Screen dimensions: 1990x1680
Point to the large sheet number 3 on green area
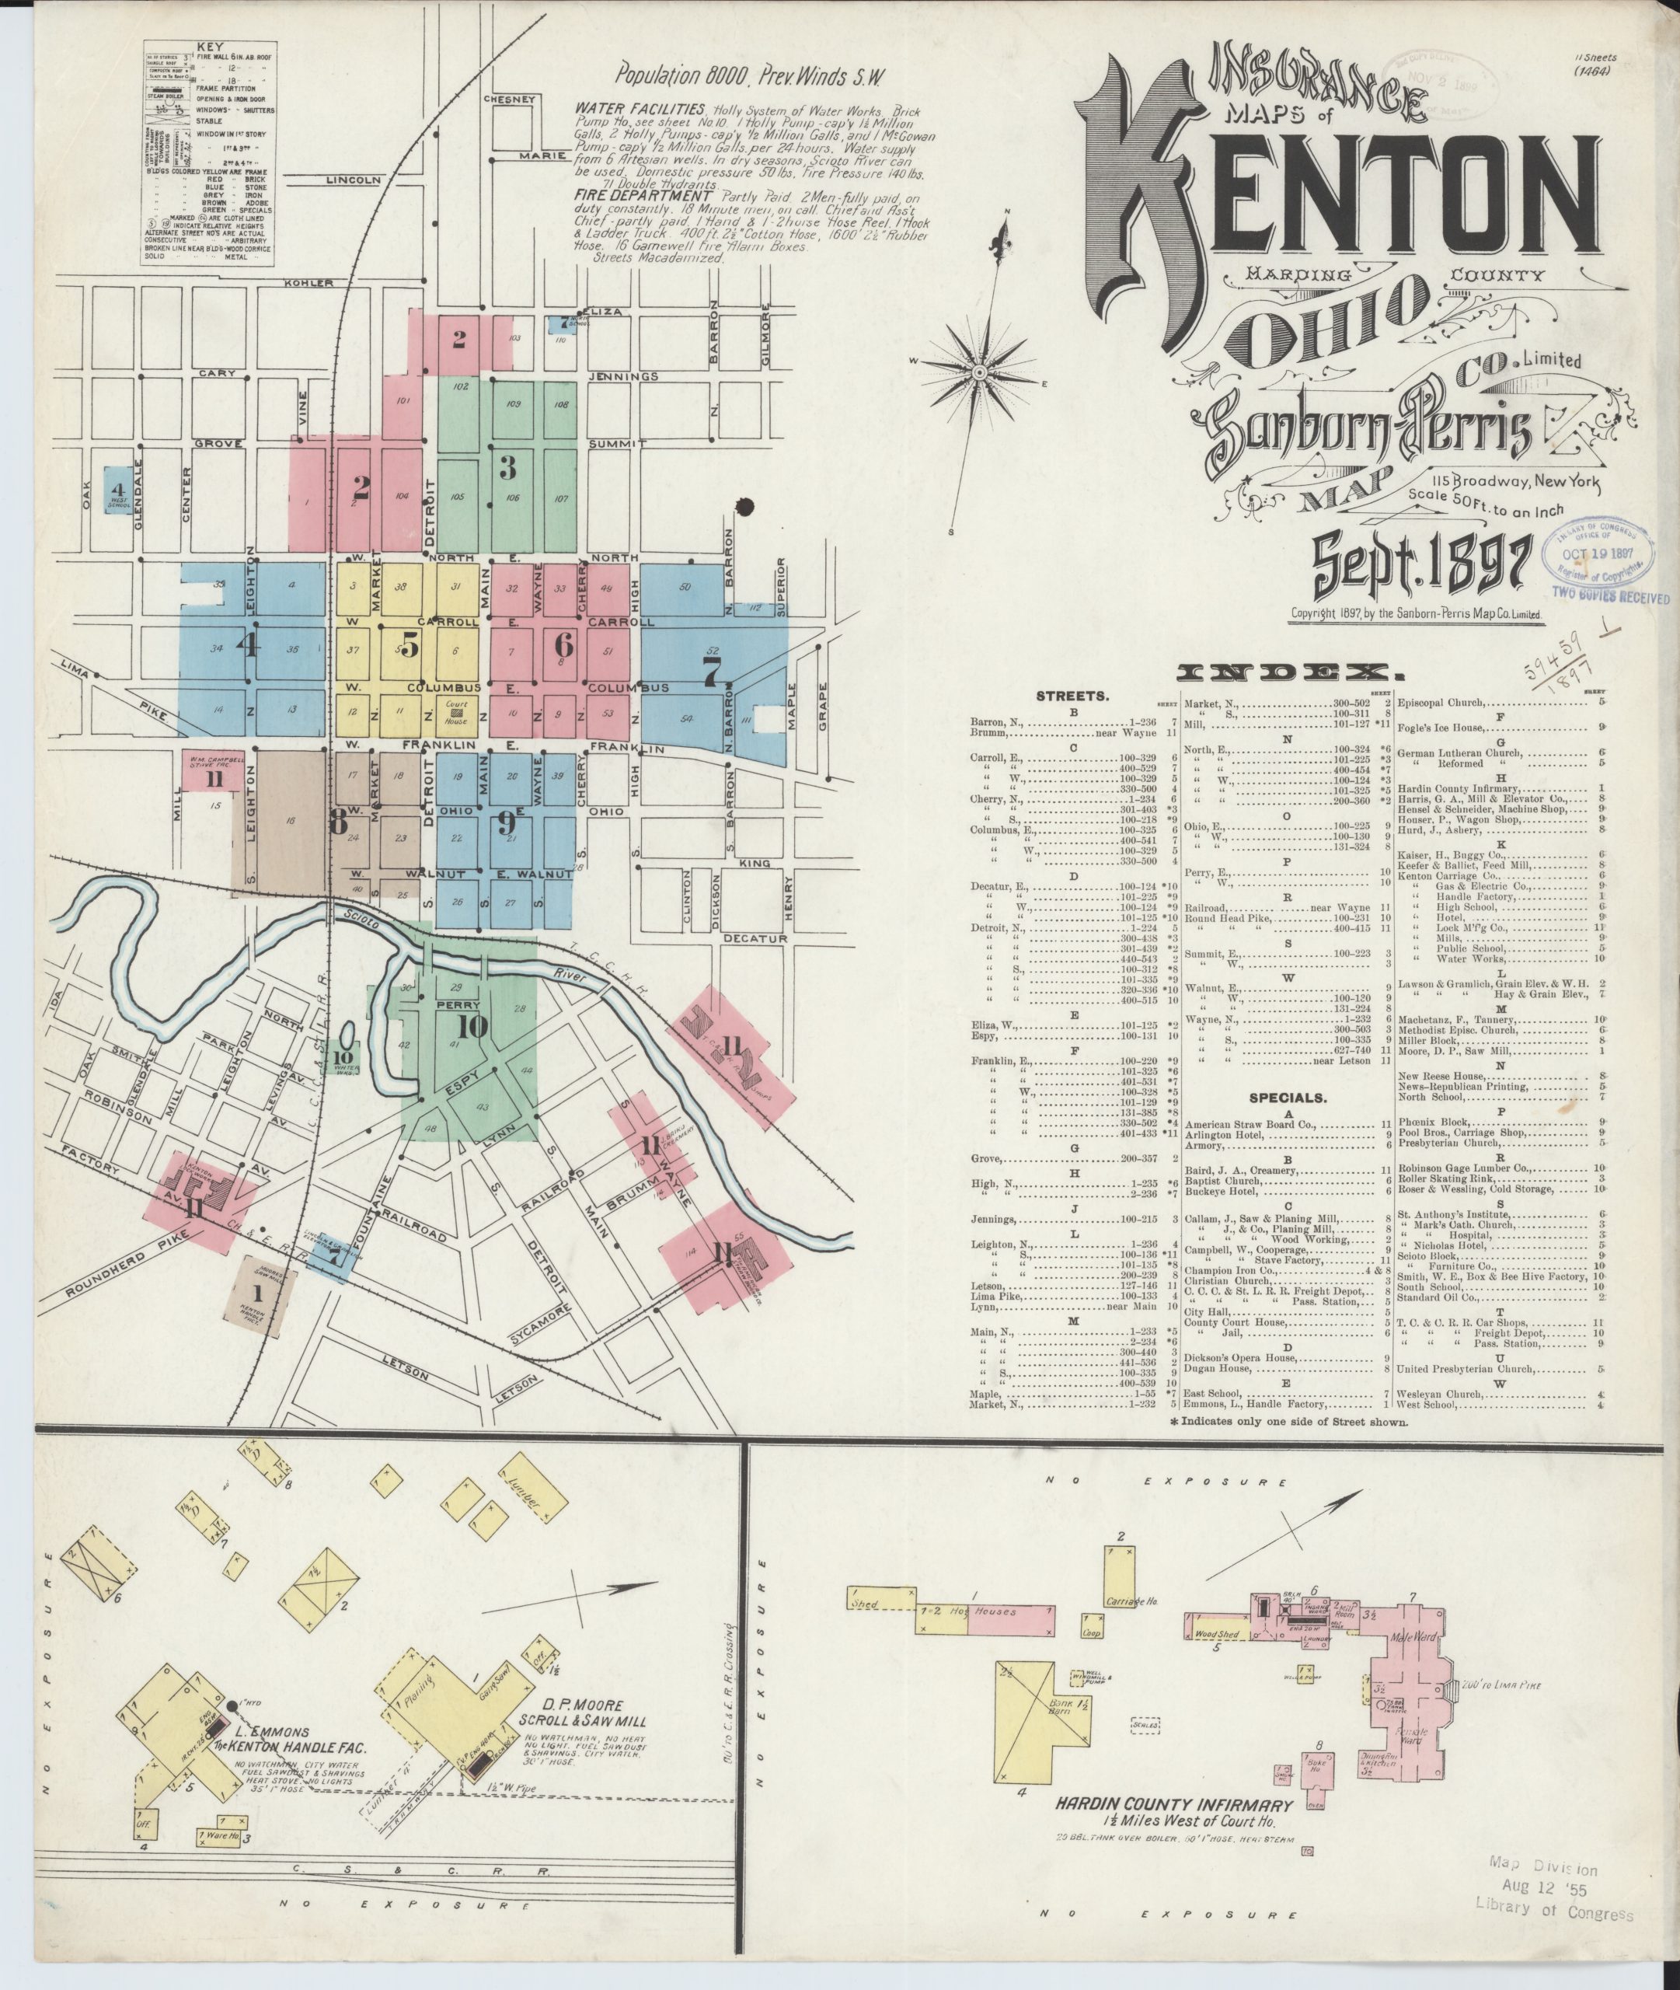(507, 468)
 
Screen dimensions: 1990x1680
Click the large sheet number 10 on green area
(472, 1027)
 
